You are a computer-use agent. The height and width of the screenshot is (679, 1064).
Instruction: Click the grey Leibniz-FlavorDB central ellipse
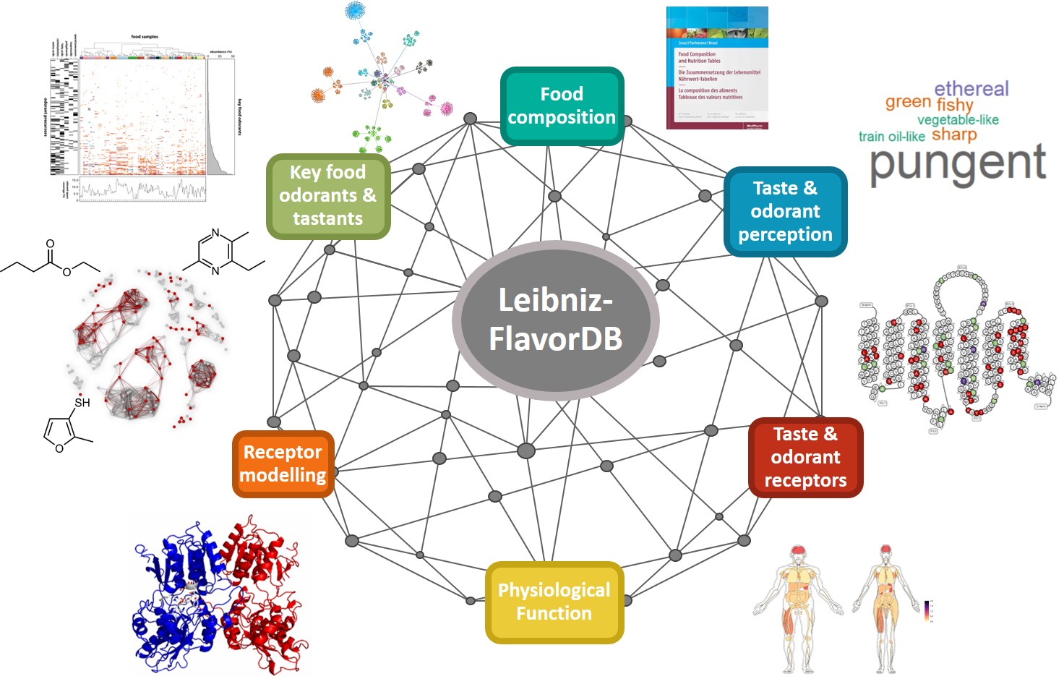tap(555, 320)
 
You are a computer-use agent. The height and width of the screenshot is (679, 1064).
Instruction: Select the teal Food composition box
tap(562, 106)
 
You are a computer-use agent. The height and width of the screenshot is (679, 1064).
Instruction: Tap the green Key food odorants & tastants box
tap(328, 195)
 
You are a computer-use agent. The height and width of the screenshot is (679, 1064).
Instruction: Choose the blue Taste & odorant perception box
tap(785, 211)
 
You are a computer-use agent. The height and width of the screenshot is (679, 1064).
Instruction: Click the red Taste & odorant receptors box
tap(805, 457)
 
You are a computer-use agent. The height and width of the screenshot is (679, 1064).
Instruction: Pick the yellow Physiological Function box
tap(554, 602)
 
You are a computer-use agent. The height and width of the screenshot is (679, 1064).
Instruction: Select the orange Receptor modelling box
tap(283, 464)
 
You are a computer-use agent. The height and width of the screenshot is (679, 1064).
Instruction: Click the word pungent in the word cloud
tap(958, 164)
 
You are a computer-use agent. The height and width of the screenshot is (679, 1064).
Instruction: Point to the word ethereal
tap(971, 89)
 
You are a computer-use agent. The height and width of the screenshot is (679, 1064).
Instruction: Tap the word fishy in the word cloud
tap(955, 106)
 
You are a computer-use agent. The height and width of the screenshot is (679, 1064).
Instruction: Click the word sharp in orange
tap(954, 134)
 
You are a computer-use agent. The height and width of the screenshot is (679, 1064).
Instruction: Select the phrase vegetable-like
tap(958, 120)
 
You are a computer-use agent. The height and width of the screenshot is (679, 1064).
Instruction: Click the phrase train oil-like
tap(891, 136)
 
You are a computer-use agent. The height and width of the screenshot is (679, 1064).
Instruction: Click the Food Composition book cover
tap(716, 68)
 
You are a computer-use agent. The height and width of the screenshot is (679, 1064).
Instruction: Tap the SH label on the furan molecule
tap(82, 402)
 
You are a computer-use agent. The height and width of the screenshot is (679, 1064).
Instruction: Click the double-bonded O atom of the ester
tap(50, 244)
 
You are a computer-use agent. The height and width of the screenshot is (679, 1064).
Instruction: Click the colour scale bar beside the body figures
tap(927, 611)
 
